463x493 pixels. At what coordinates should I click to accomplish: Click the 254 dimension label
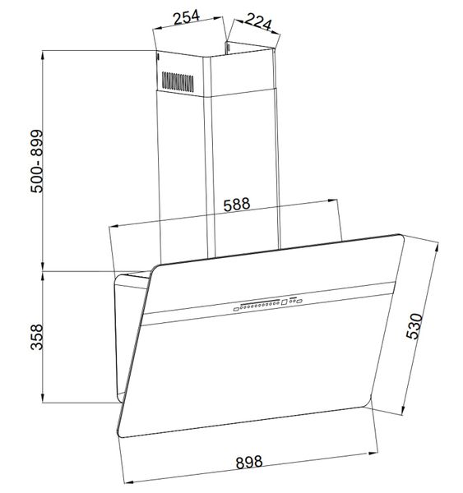[x=187, y=17]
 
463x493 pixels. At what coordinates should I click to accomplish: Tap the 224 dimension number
[x=258, y=21]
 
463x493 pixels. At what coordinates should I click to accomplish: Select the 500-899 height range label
[x=37, y=161]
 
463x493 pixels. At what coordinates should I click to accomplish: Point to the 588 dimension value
[x=237, y=205]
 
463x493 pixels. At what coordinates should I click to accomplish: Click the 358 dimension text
[x=36, y=337]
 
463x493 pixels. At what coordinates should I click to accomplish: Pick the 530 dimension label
[x=414, y=325]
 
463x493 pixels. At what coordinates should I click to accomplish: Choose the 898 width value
[x=249, y=462]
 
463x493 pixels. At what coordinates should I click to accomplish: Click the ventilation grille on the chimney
[x=178, y=81]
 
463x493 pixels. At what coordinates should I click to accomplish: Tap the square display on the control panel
[x=285, y=302]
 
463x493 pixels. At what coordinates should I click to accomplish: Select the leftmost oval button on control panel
[x=236, y=310]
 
